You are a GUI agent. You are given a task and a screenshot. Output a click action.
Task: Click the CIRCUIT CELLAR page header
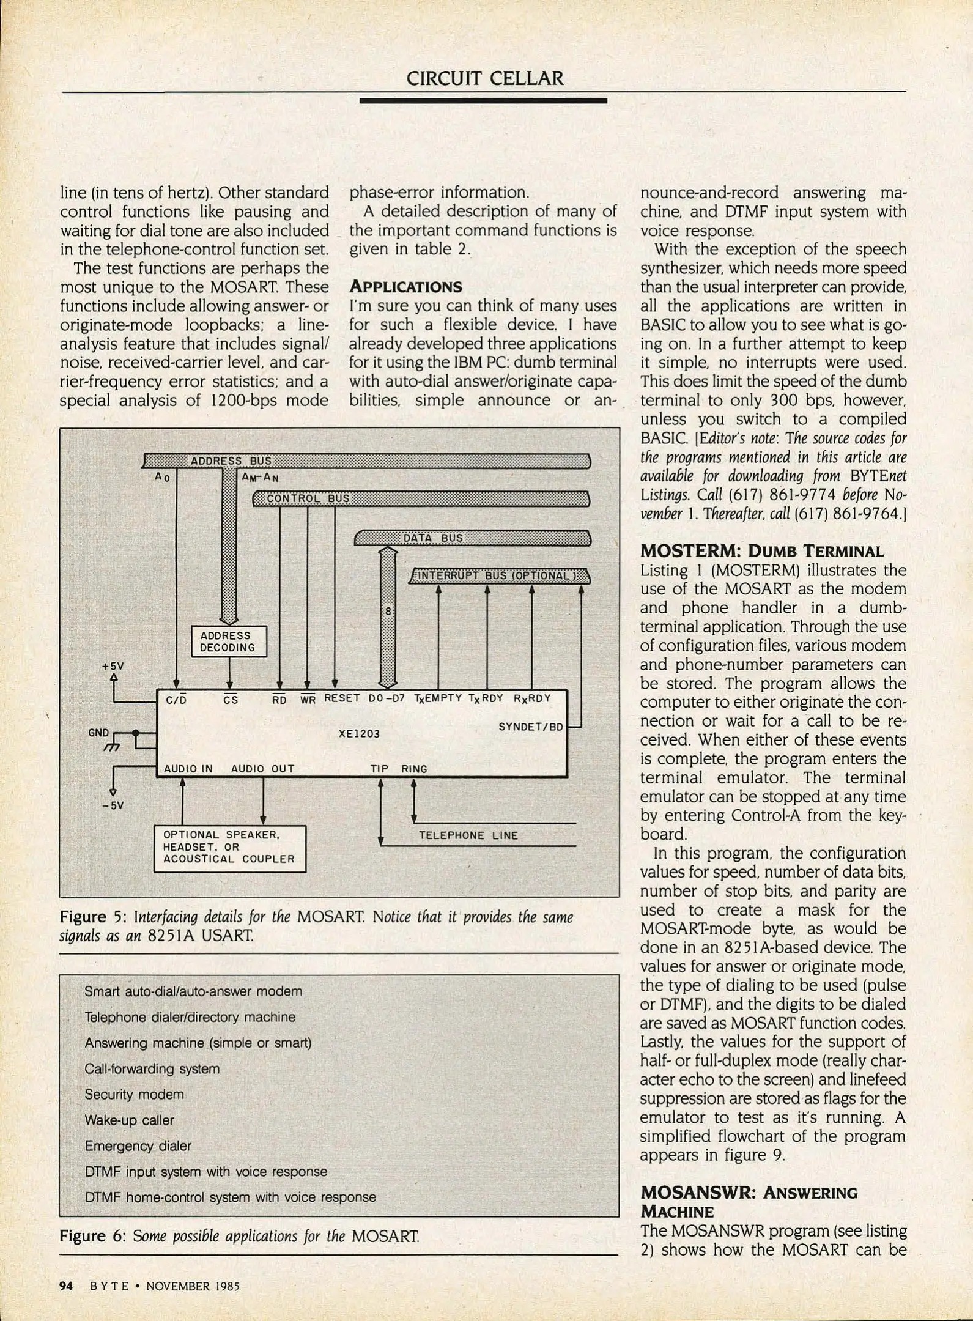[485, 79]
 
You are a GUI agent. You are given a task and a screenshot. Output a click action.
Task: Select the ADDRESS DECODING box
[229, 642]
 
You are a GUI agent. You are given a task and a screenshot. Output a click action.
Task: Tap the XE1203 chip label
[359, 733]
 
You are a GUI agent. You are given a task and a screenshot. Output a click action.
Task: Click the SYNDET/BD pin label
[530, 727]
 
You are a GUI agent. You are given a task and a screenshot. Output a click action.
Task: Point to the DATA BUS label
[433, 538]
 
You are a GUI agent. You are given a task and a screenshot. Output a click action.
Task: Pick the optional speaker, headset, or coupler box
[229, 847]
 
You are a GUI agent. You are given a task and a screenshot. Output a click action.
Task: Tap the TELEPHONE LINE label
[468, 835]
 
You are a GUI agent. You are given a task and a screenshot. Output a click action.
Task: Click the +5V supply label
[113, 666]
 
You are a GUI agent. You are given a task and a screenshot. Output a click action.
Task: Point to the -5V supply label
[113, 805]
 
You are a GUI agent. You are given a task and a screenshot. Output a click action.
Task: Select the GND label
[98, 733]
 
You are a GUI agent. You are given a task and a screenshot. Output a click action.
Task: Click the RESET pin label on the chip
[342, 698]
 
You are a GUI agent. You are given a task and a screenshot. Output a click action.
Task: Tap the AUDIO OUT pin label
[262, 769]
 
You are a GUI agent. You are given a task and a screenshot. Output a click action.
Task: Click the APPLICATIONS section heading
[405, 287]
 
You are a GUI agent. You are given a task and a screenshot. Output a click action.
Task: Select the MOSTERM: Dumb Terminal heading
[761, 551]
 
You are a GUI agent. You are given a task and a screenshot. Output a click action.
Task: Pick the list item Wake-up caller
[129, 1120]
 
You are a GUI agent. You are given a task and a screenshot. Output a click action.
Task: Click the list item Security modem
[134, 1094]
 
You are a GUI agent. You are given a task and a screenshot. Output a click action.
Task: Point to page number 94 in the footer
[66, 1286]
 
